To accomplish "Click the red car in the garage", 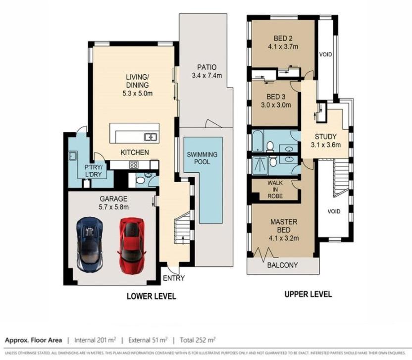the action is pos(132,246).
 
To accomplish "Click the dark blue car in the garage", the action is pos(90,244).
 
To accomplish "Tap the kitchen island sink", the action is pos(151,137).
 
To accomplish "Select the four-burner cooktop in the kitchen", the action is pos(134,165).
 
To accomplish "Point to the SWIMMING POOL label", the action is pos(202,158).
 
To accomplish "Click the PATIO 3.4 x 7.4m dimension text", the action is pos(207,76).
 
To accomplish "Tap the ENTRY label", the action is pos(174,278).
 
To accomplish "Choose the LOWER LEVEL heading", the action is pos(152,297).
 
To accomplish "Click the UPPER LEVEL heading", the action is pos(308,294).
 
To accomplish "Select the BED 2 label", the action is pos(283,38).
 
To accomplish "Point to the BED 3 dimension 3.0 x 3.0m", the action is pos(276,105).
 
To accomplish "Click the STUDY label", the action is pos(325,137).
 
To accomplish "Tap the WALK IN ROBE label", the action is pos(275,190).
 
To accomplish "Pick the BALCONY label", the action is pos(282,265).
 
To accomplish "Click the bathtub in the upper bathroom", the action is pos(258,141).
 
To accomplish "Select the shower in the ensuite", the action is pos(259,165).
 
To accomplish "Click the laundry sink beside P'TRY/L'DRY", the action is pos(73,156).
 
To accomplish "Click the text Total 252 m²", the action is pos(198,340).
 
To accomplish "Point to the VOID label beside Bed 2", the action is pos(325,54).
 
